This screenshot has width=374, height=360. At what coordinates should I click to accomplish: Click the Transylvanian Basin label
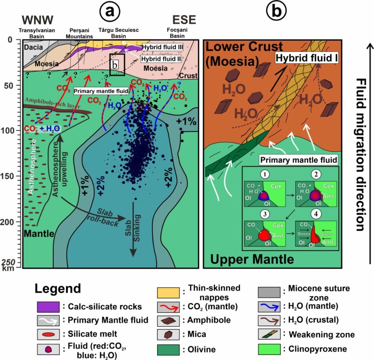click(x=38, y=33)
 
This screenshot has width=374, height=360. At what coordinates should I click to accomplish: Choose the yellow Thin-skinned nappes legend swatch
click(x=168, y=292)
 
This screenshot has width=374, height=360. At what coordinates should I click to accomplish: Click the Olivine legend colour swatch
click(x=168, y=348)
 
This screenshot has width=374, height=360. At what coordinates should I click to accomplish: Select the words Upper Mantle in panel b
click(x=252, y=259)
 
